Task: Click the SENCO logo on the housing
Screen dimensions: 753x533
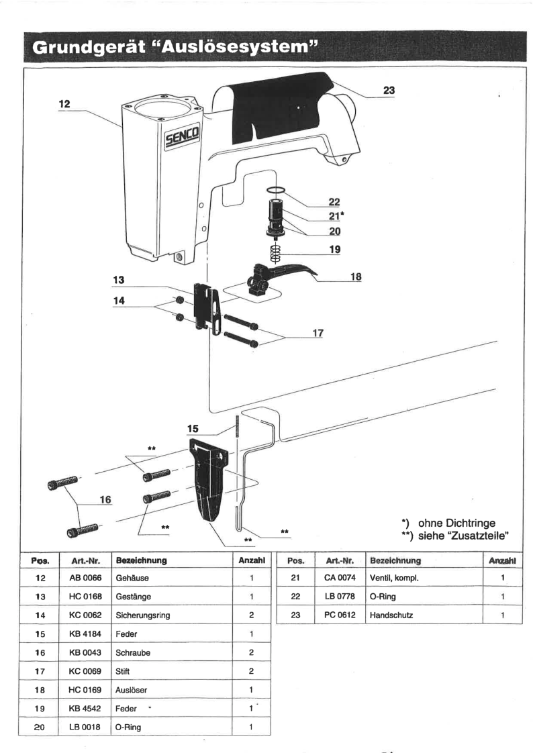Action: [x=178, y=140]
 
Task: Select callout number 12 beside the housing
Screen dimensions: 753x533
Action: [x=65, y=105]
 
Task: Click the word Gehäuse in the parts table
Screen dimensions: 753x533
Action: [x=131, y=577]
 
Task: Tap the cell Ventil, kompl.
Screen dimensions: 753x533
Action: [x=395, y=577]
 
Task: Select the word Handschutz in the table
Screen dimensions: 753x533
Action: [x=389, y=614]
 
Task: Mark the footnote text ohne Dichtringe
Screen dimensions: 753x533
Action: [x=456, y=522]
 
